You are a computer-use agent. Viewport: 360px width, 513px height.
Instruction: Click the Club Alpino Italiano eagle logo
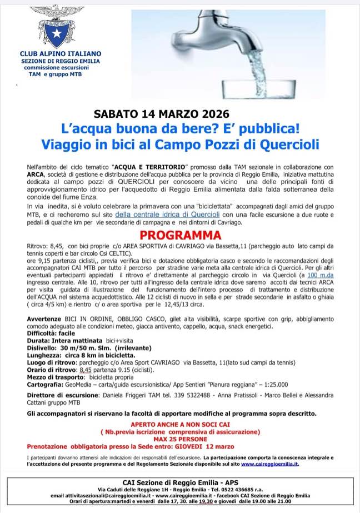pyautogui.click(x=53, y=26)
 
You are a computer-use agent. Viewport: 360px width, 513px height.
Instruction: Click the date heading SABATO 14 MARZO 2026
pyautogui.click(x=161, y=113)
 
